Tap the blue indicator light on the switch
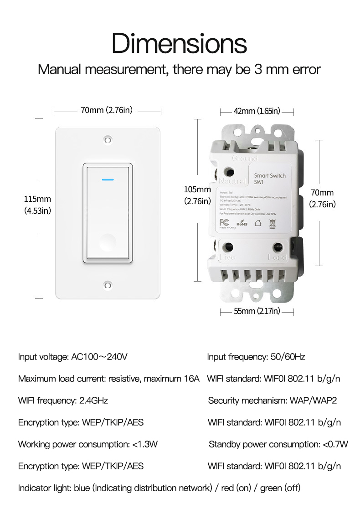point(108,179)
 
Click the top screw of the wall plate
point(108,139)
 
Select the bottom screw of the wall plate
point(108,286)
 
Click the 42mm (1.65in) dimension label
point(257,111)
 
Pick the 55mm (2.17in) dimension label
point(257,312)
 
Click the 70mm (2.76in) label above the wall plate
point(107,110)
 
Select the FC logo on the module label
point(224,223)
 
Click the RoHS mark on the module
point(242,223)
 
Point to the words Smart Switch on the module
point(270,176)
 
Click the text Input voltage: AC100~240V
point(73,357)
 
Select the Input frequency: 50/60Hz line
point(256,357)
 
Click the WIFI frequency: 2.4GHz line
point(63,401)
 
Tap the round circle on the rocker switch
point(108,240)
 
